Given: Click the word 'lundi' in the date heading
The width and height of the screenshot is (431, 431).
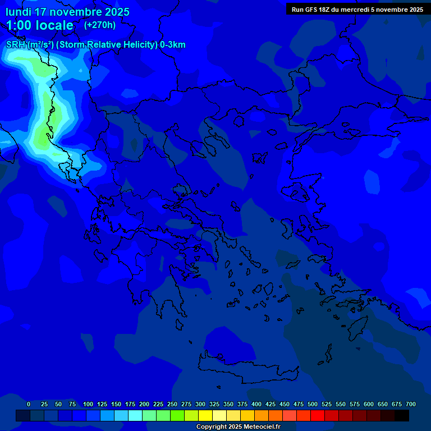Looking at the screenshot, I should (x=19, y=12).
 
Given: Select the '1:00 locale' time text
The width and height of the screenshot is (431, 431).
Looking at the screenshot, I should (x=40, y=25).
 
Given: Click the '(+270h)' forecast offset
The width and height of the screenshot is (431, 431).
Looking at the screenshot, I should (x=100, y=25).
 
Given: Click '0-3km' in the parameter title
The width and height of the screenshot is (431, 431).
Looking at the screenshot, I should (x=173, y=45).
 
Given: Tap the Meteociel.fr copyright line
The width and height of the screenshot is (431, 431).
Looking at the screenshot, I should (x=238, y=427).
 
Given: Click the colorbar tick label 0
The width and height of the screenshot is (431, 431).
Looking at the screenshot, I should (x=29, y=404).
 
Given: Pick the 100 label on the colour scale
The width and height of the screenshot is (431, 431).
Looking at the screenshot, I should (x=88, y=404).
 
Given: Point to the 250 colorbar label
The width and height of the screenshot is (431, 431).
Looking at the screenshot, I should (x=172, y=404).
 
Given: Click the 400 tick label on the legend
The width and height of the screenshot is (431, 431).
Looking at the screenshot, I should (x=256, y=404).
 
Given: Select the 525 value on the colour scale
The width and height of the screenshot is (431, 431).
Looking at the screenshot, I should (x=327, y=404).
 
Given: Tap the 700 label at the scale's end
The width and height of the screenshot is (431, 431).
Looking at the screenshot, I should (x=411, y=404).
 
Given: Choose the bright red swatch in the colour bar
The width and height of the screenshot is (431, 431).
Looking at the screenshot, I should (x=318, y=416).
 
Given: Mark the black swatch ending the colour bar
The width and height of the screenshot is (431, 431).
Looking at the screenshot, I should (x=402, y=416).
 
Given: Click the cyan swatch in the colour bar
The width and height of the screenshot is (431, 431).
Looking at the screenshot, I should (x=135, y=416).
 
